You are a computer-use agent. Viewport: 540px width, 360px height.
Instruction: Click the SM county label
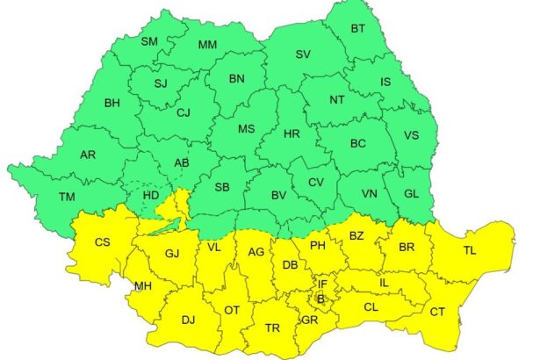149,41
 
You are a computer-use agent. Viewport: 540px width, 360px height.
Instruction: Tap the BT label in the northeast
358,29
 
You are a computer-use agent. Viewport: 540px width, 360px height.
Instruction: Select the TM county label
67,197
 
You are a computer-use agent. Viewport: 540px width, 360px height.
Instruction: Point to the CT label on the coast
436,312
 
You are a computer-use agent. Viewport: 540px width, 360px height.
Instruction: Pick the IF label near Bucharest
322,284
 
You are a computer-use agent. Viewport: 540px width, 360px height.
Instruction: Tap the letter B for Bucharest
320,299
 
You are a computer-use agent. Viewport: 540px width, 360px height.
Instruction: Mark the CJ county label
183,112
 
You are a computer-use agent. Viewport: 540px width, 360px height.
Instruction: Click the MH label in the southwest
142,285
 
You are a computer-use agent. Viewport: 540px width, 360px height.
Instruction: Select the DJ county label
188,320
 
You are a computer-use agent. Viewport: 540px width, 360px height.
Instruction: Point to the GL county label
413,194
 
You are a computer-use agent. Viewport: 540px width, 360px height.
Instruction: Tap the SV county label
303,54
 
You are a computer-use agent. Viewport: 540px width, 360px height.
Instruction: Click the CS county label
103,241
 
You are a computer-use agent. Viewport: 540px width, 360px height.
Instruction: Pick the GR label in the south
308,320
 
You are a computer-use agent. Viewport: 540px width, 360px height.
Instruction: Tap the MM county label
207,45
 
